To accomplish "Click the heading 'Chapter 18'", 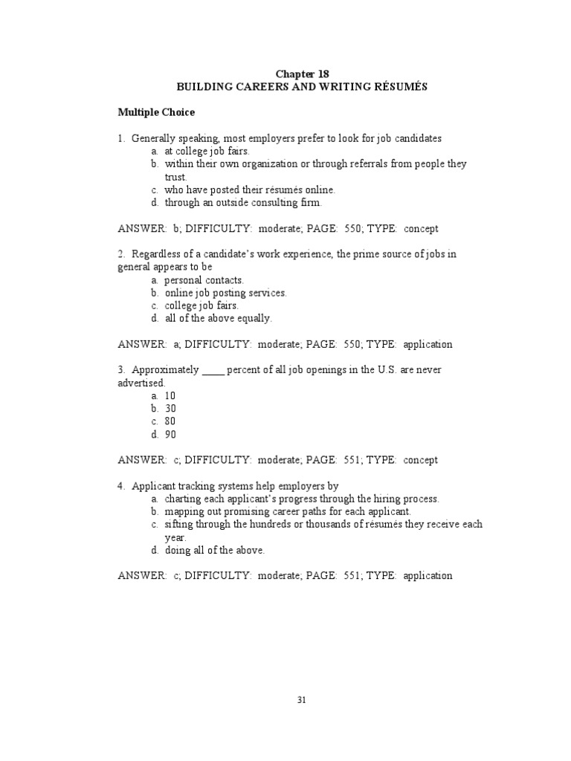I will (302, 74).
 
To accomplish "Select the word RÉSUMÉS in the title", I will (401, 86).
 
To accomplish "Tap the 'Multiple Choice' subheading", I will (156, 112).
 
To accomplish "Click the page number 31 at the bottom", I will (302, 700).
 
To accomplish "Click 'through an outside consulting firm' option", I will (243, 202).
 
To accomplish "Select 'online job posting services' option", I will (225, 293).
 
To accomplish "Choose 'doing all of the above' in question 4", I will (214, 550).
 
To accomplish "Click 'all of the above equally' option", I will (219, 318).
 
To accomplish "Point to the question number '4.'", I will (121, 486).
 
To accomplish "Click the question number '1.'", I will (121, 138).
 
